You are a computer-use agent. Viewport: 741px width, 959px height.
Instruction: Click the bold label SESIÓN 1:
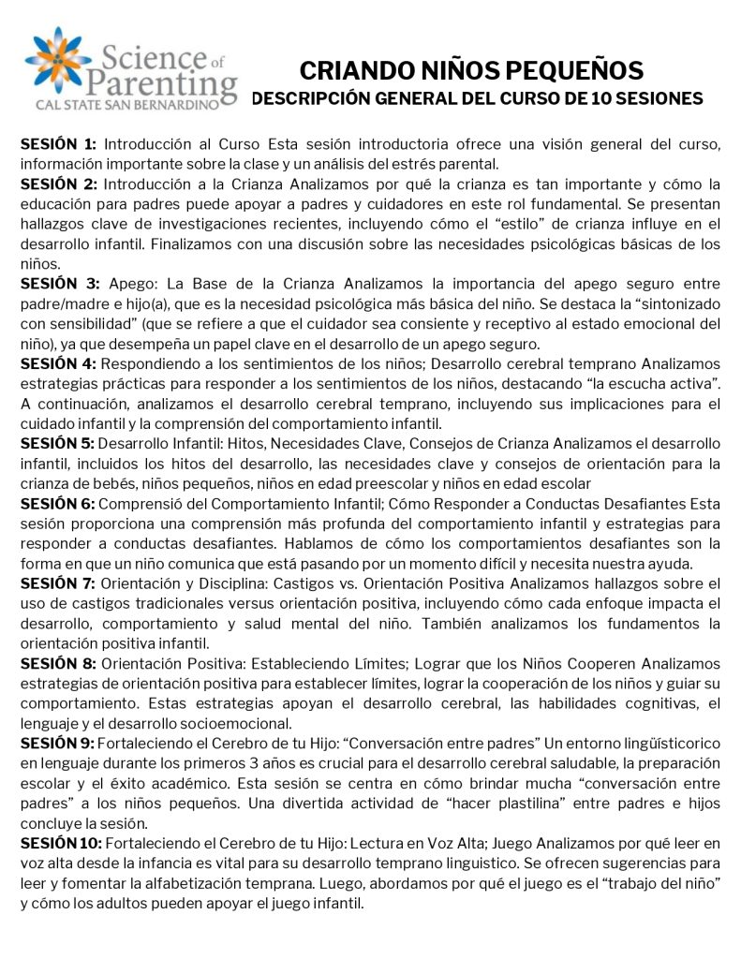[58, 143]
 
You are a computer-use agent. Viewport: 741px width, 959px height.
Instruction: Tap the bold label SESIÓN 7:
[58, 583]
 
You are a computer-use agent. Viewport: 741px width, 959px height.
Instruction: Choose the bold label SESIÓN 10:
[62, 844]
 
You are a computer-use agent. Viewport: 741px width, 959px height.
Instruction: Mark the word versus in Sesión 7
[251, 601]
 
